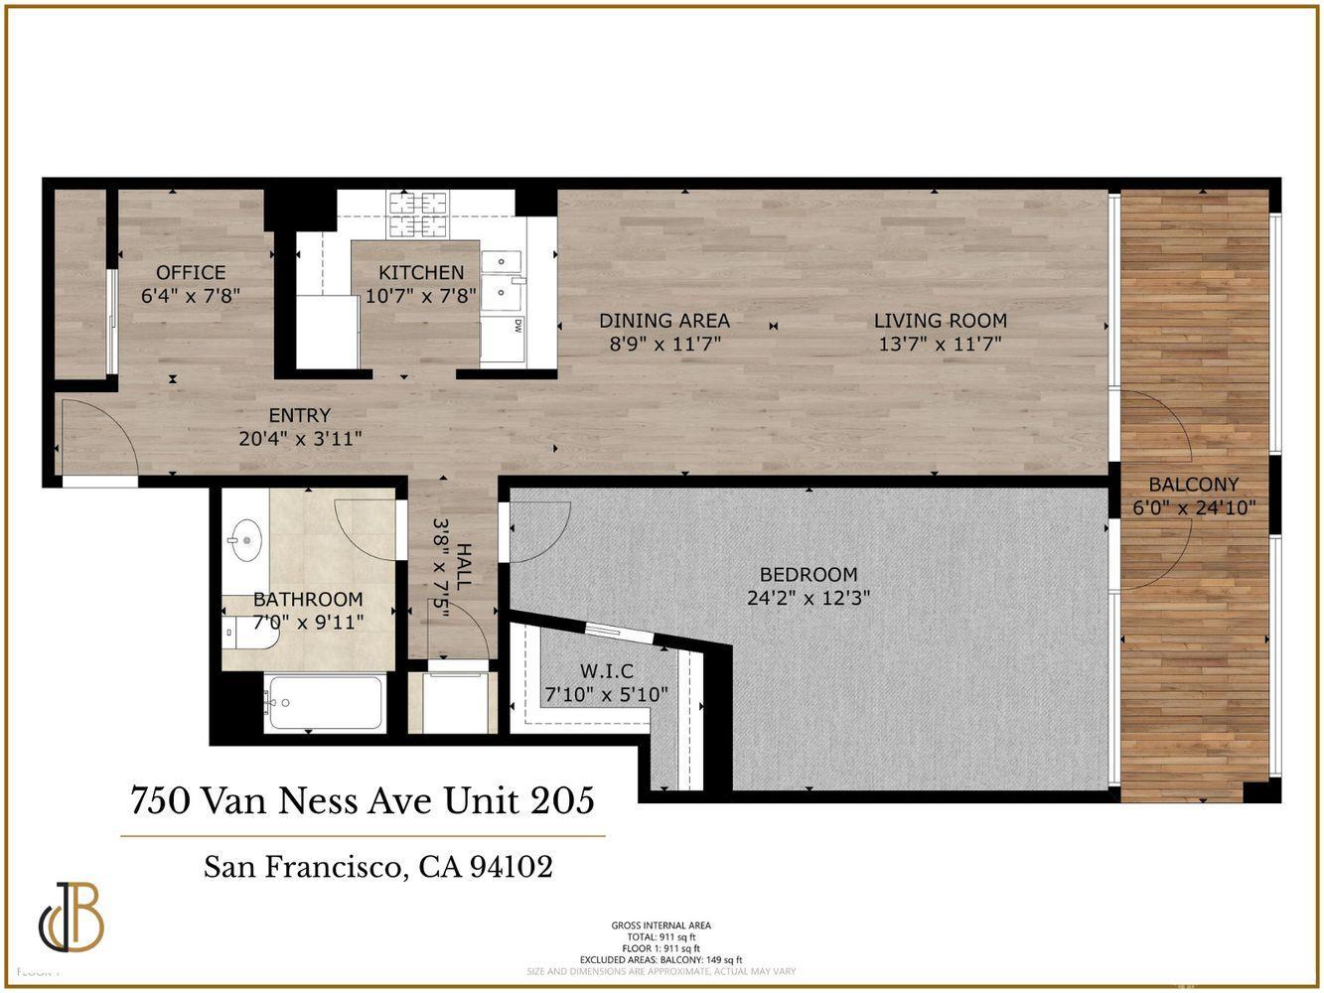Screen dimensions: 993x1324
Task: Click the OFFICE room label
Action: pyautogui.click(x=191, y=272)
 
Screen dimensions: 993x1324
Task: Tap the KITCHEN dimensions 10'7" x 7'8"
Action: pyautogui.click(x=421, y=296)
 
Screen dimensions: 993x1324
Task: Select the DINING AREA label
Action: pyautogui.click(x=663, y=321)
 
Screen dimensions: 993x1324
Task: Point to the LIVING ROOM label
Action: pyautogui.click(x=940, y=321)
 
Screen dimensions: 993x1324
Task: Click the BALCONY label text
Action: pyautogui.click(x=1193, y=485)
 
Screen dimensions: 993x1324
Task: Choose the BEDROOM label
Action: pyautogui.click(x=808, y=574)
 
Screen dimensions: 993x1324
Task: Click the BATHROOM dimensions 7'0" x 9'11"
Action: pyautogui.click(x=308, y=623)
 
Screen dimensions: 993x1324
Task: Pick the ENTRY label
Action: pyautogui.click(x=299, y=415)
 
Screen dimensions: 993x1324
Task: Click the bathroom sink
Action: pyautogui.click(x=242, y=541)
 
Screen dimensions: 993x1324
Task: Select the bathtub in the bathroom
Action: pyautogui.click(x=325, y=703)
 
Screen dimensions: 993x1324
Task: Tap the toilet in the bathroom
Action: pyautogui.click(x=248, y=631)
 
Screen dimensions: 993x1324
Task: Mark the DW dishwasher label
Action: pyautogui.click(x=518, y=325)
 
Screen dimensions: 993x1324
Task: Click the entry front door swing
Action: pyautogui.click(x=97, y=438)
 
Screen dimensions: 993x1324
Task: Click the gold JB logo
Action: pyautogui.click(x=73, y=917)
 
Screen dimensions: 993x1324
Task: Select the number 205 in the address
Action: pyautogui.click(x=562, y=799)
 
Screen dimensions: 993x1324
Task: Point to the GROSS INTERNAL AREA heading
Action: pyautogui.click(x=661, y=925)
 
